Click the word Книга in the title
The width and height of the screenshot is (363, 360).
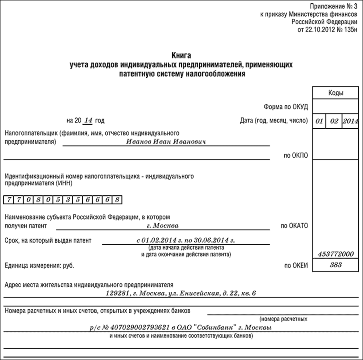click(181, 56)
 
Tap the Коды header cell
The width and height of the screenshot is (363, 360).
click(336, 93)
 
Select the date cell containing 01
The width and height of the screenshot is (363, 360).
click(319, 121)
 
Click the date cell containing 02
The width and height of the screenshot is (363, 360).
click(334, 121)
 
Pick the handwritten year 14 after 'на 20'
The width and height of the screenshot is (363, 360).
click(88, 120)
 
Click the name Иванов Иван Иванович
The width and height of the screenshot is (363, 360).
click(166, 141)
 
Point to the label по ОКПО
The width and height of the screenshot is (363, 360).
click(295, 155)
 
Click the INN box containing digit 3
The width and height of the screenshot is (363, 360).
click(68, 200)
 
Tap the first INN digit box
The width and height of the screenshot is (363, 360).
click(9, 200)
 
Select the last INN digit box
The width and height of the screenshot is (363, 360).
click(117, 200)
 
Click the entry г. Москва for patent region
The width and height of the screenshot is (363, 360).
click(163, 225)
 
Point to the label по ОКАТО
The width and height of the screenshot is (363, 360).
click(294, 225)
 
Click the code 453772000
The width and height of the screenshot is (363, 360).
click(336, 254)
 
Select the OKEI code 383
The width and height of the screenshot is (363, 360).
click(336, 265)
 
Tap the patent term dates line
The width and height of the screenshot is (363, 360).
click(186, 240)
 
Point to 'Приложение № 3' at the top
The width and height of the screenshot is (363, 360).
click(334, 6)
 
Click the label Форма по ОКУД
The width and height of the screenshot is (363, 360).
click(285, 107)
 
